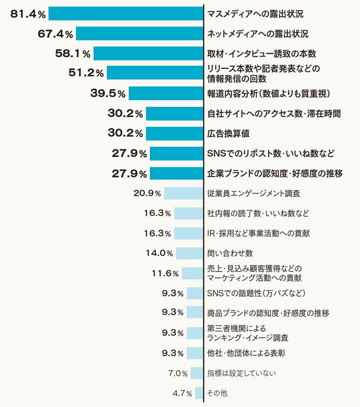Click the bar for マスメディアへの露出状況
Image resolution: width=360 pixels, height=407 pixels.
point(126,14)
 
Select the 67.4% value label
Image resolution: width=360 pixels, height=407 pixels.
point(55,34)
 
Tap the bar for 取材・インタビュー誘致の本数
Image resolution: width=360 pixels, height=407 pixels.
point(148,53)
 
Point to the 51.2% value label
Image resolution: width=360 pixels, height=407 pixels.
point(86,73)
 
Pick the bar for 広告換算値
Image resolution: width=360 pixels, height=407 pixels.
point(175,133)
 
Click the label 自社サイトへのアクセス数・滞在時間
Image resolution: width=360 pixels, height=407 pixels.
point(274,113)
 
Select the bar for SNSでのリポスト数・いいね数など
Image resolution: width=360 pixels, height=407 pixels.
point(176,153)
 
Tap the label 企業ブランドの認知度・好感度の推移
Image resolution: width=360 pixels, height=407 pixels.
point(275,173)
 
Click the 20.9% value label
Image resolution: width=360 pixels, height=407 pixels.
point(147,193)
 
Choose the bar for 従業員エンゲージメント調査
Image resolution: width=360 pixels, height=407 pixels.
point(184,193)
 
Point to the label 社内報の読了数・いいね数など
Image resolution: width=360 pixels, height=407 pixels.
point(258,213)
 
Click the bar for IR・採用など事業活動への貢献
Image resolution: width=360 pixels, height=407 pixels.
point(189,233)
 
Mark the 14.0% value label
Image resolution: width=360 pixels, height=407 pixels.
point(159,253)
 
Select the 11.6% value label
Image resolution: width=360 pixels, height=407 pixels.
point(165,273)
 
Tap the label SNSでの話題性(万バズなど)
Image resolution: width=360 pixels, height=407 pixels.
point(256,293)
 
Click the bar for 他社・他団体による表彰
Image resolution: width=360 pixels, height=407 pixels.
point(195,353)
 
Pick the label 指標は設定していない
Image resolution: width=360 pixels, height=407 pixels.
point(241,373)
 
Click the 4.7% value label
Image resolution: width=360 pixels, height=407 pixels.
point(182,393)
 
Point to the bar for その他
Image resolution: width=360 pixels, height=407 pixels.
point(199,393)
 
